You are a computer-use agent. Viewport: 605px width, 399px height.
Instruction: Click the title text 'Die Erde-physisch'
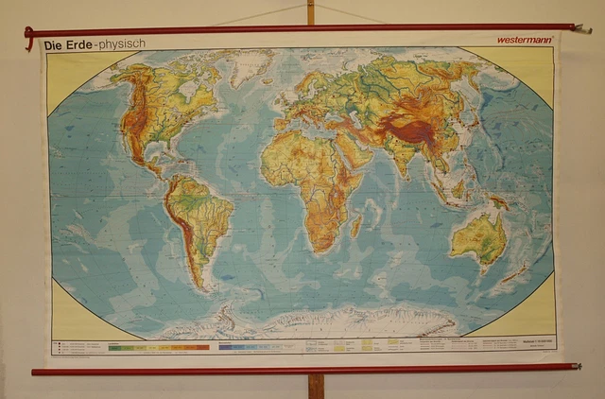click(93, 43)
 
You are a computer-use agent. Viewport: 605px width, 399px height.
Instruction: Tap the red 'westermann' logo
click(524, 40)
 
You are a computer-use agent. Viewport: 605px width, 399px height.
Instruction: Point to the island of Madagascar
click(356, 225)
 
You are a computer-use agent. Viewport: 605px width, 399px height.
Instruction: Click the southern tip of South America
click(199, 283)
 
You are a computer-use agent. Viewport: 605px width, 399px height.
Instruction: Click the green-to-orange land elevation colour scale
click(158, 347)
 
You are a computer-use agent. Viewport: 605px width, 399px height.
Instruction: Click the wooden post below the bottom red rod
click(316, 386)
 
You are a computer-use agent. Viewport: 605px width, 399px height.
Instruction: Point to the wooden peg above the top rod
click(310, 11)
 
